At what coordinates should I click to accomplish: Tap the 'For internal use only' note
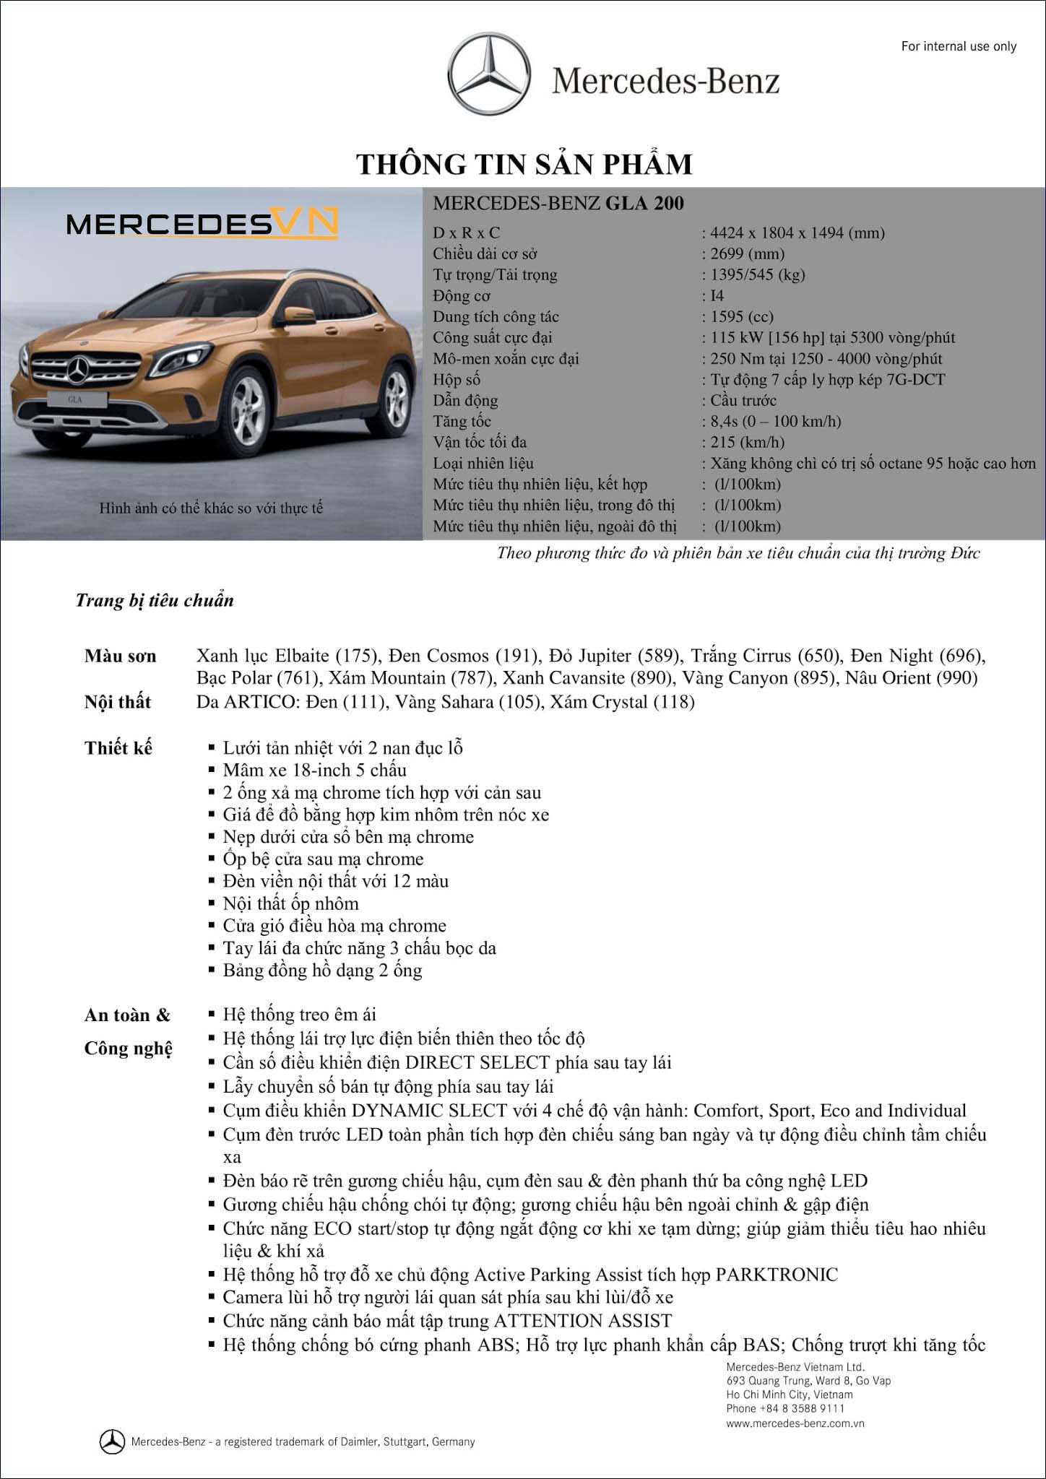pos(959,46)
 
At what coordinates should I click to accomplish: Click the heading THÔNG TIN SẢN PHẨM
pos(524,164)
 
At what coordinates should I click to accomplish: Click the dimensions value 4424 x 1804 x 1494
pos(798,233)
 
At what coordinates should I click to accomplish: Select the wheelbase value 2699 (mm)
pos(747,253)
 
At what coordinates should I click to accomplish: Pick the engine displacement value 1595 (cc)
pos(741,316)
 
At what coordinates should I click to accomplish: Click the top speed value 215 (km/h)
pos(747,442)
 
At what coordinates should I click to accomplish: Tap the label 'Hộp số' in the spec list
pos(457,379)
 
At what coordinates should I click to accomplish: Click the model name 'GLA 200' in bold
pos(644,204)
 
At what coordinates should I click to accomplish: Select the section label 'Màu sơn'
pos(120,656)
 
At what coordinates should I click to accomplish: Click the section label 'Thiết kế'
pos(118,747)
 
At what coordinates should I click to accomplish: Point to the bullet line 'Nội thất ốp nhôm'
pos(290,903)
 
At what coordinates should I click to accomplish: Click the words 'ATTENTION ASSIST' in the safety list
pos(582,1321)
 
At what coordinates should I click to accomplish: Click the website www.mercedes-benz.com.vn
pos(795,1423)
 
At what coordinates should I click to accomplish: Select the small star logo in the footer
pos(112,1441)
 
